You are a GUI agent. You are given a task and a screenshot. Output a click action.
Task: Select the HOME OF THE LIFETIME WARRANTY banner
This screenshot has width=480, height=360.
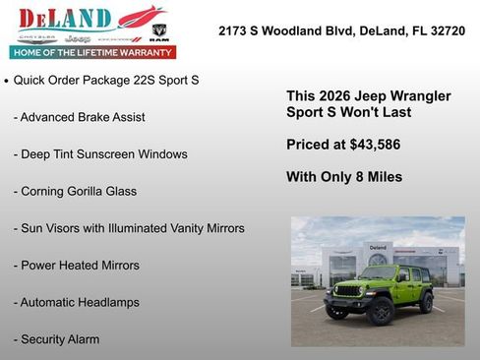pos(92,52)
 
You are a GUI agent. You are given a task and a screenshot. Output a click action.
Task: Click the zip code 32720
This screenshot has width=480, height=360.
pos(444,31)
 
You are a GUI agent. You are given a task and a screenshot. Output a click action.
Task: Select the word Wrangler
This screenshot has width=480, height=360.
pos(417,96)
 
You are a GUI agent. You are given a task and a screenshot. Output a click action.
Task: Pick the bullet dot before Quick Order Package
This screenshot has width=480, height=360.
pos(7,81)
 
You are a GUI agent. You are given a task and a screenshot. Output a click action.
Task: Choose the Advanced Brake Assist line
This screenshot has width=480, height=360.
pos(80,117)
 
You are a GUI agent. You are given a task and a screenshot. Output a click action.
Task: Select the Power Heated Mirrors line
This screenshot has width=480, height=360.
pos(77,266)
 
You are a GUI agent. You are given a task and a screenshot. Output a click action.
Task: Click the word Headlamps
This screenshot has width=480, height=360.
pos(106,302)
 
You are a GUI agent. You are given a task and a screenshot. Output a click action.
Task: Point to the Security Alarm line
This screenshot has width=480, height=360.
pos(57,339)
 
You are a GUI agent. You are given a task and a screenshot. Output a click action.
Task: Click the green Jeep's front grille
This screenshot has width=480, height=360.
pos(349,292)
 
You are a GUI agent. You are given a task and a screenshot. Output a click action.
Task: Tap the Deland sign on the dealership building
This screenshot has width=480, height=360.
pos(378,247)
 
